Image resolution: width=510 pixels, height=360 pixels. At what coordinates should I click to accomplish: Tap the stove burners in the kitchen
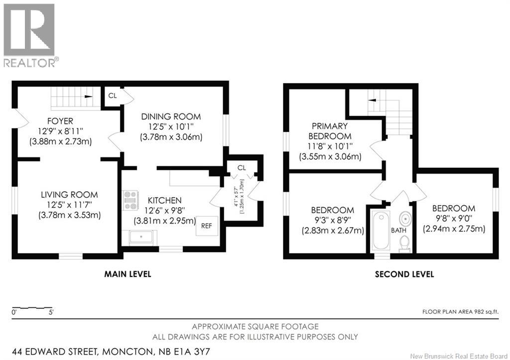[x=130, y=200]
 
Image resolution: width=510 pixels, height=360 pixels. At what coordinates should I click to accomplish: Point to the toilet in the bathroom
[x=404, y=242]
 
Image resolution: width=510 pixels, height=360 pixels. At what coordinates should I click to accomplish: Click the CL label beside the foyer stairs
[x=113, y=96]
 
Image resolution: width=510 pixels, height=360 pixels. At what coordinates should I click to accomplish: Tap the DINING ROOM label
[x=171, y=117]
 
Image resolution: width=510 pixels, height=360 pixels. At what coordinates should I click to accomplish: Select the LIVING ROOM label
[x=69, y=195]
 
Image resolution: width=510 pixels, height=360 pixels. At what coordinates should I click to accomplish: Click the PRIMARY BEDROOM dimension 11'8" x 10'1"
[x=330, y=146]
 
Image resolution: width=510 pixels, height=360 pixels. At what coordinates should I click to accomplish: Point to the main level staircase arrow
[x=88, y=96]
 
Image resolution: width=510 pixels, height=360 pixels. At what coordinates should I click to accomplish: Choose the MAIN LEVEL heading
[x=127, y=274]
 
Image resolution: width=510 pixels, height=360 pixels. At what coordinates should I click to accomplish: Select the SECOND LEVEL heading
[x=404, y=274]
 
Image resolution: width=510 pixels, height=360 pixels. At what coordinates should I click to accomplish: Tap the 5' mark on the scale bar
[x=51, y=313]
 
